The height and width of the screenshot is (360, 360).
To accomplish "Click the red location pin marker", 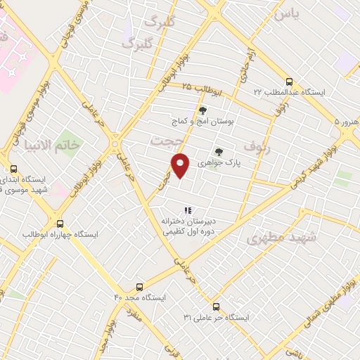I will point(181,165).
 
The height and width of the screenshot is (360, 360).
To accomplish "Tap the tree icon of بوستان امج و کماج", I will point(203,110).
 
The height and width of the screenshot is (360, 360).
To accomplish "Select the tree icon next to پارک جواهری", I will point(219,151).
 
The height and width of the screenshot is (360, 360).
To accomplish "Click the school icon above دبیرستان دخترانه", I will point(187,210).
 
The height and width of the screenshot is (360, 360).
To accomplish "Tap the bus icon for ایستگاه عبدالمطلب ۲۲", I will point(290,81).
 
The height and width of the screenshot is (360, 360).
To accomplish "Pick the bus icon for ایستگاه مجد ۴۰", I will point(139,287).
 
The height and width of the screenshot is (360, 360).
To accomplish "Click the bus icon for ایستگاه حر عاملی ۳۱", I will point(216,307).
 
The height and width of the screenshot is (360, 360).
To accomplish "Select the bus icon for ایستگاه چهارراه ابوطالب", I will point(60,223).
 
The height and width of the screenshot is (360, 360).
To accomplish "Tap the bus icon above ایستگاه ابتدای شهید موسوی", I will point(13,169).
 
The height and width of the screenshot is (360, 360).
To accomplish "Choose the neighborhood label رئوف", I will point(256,146).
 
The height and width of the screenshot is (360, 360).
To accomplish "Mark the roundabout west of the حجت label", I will point(115,146).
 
